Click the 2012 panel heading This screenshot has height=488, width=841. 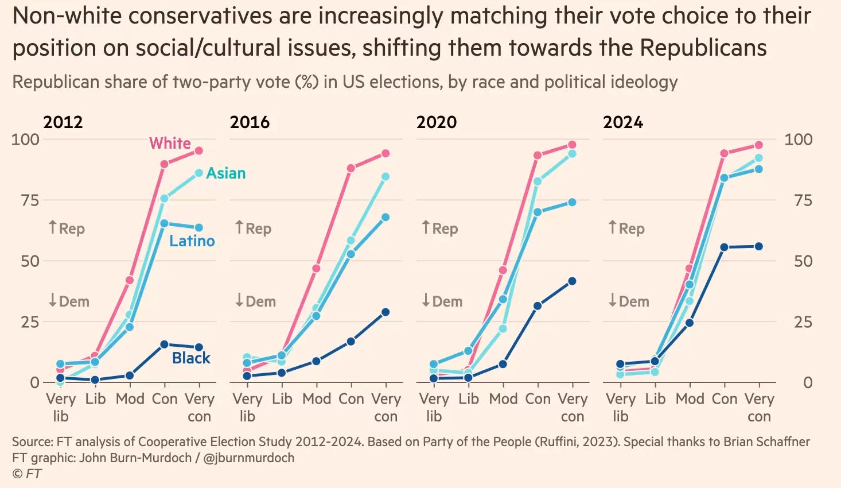63,122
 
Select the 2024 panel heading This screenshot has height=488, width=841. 623,122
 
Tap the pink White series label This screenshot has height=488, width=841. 170,143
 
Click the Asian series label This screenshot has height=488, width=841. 226,173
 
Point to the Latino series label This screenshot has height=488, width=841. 192,241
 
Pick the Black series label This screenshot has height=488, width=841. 191,358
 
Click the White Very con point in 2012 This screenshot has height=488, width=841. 199,151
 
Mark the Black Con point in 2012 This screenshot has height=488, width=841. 164,344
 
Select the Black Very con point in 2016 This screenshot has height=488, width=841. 386,312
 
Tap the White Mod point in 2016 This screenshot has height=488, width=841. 316,268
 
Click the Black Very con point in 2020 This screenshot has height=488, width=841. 572,281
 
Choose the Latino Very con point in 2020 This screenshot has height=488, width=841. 572,202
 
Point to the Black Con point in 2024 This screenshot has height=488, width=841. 725,247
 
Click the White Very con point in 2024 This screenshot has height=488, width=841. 759,145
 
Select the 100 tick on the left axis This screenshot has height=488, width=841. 26,140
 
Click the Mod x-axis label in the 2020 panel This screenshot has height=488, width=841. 503,399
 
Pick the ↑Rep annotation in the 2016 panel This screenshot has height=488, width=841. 253,228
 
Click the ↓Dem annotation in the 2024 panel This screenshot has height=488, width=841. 629,301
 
